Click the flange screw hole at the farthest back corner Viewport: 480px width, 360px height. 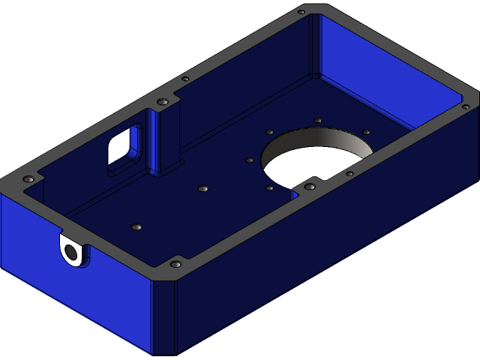tap(301, 12)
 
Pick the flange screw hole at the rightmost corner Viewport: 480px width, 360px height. tap(466, 107)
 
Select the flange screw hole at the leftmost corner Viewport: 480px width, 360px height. tap(28, 180)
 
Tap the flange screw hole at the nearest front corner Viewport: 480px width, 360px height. tap(175, 264)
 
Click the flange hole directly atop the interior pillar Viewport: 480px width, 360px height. tap(161, 102)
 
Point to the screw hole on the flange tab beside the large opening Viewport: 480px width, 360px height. tap(309, 186)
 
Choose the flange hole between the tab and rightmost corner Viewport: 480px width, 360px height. tap(349, 174)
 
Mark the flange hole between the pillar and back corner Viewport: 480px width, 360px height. tap(185, 78)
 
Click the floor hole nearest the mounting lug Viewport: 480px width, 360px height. tap(136, 226)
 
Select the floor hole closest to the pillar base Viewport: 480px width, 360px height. tap(200, 188)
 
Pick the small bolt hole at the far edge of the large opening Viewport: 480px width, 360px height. tap(318, 120)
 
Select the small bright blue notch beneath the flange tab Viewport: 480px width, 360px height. tap(296, 193)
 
